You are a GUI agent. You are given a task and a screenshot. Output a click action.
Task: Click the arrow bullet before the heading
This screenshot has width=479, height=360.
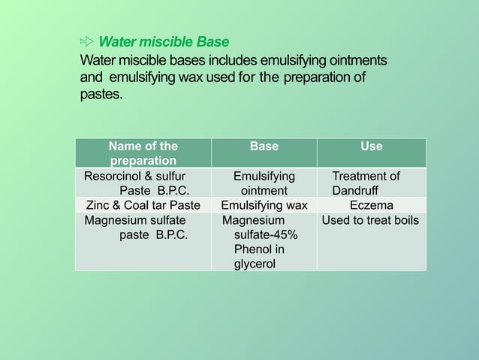(87, 41)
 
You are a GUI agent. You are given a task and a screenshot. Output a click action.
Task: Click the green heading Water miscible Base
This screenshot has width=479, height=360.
(164, 41)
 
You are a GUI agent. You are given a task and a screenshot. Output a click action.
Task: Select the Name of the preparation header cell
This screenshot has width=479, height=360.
(143, 153)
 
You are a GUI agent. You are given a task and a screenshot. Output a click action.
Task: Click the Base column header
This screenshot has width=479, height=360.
(264, 147)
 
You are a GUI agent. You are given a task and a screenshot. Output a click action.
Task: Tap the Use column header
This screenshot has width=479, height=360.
(371, 147)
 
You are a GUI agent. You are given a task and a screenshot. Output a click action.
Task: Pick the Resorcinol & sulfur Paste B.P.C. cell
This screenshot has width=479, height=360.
(143, 183)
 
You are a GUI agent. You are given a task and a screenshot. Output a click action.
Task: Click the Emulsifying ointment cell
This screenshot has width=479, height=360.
(264, 183)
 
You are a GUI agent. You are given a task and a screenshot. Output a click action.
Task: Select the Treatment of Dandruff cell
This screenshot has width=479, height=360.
(371, 183)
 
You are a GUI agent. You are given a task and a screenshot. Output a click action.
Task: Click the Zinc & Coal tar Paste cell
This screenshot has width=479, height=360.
(143, 205)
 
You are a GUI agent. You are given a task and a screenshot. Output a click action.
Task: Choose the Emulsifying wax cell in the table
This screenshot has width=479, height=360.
(264, 205)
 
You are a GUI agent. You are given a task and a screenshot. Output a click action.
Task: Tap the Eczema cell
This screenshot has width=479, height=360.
(371, 205)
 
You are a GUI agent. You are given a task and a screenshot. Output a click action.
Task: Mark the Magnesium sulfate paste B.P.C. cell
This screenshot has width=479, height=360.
(143, 228)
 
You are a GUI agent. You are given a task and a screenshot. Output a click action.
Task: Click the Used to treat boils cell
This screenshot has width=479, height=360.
(371, 220)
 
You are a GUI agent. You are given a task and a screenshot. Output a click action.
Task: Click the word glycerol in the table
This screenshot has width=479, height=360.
(255, 264)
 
